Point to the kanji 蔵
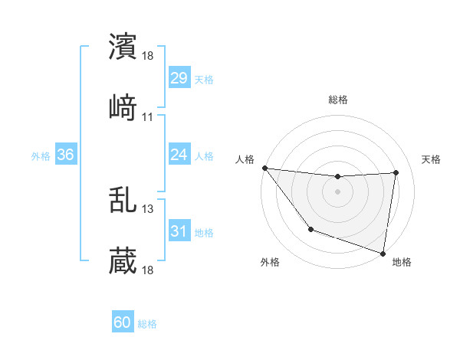click(123, 261)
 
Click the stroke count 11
click(148, 117)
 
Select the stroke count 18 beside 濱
click(148, 56)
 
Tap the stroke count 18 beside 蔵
click(148, 270)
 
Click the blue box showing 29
click(179, 78)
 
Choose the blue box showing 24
click(179, 155)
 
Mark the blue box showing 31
click(179, 231)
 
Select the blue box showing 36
click(66, 155)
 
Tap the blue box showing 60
click(123, 322)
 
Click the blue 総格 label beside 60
click(147, 324)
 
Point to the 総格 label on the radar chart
click(338, 100)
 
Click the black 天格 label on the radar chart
click(432, 159)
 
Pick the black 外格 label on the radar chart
click(270, 263)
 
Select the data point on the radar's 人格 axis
click(264, 168)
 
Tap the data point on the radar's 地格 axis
click(383, 252)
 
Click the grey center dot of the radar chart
click(338, 191)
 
